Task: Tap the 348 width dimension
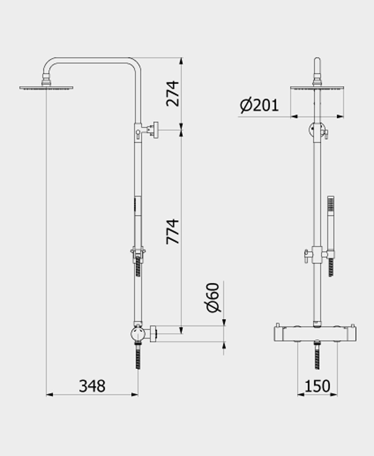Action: [92, 386]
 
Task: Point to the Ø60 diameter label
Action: [214, 298]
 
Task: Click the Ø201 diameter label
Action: [259, 105]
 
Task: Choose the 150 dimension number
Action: [317, 386]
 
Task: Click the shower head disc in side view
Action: [46, 88]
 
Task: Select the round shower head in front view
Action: [317, 88]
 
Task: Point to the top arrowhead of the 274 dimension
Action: [181, 61]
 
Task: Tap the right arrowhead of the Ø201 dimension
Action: [341, 117]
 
